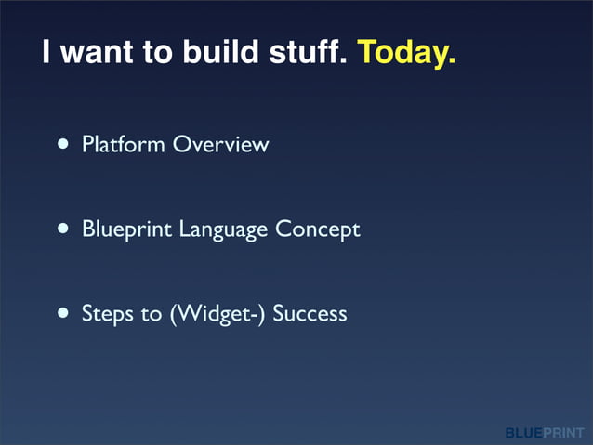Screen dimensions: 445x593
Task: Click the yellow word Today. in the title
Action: tap(406, 53)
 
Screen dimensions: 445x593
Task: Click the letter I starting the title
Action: tap(46, 53)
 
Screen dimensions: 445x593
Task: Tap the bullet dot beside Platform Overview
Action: tap(62, 145)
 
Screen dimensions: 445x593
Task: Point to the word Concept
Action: tap(317, 229)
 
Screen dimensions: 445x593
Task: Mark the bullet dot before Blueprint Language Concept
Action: tap(62, 229)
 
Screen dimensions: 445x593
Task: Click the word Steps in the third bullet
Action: tap(108, 314)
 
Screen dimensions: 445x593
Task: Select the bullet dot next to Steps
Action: tap(62, 314)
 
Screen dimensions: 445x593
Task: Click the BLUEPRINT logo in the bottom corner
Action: tap(545, 433)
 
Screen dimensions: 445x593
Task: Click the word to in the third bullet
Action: tap(152, 314)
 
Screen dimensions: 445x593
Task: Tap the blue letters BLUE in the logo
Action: tap(524, 433)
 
